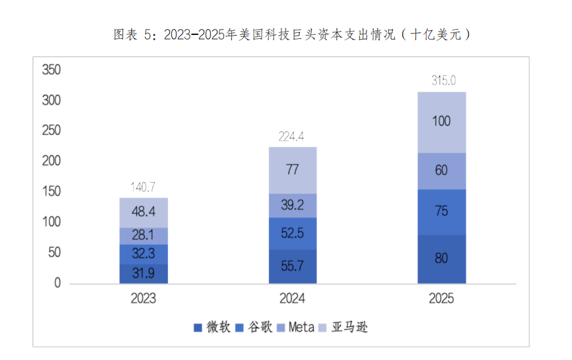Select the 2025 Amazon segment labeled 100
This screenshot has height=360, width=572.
[442, 122]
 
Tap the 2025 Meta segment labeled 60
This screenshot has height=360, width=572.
[442, 171]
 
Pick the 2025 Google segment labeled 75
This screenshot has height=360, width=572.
[442, 212]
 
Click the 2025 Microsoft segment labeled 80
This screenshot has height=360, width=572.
[442, 258]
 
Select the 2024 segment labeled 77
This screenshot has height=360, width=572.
[293, 169]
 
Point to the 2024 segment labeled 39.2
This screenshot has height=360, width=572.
[293, 205]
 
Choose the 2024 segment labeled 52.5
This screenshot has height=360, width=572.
[293, 233]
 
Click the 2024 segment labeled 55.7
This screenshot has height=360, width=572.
[293, 266]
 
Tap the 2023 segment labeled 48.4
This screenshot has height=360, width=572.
[144, 212]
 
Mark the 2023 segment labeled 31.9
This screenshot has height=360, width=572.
[144, 273]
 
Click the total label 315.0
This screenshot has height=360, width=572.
[442, 81]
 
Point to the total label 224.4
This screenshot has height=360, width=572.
[293, 136]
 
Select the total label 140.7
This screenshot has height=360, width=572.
[144, 187]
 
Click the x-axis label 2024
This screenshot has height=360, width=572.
[293, 299]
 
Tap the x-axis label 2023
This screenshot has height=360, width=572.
[144, 299]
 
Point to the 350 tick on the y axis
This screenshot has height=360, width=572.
[51, 70]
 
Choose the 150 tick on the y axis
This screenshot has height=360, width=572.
[51, 192]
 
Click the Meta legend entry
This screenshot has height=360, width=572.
[296, 327]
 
